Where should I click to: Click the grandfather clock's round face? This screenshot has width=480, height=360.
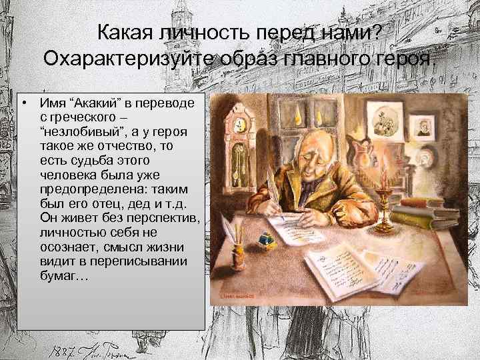(x=235, y=123)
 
